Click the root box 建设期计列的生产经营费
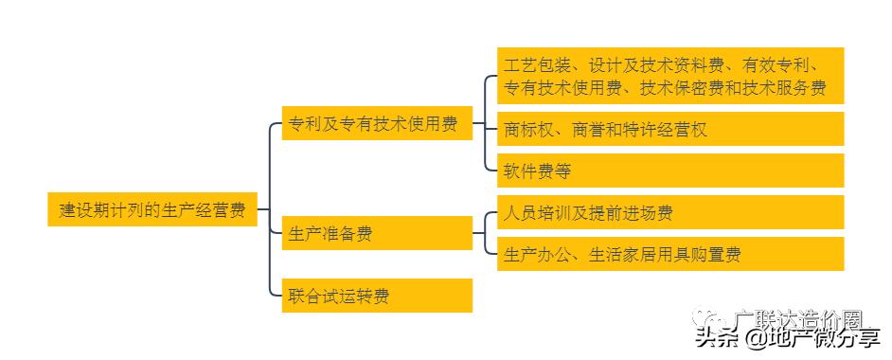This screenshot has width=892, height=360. tap(152, 209)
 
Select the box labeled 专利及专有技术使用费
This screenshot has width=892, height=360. tap(376, 124)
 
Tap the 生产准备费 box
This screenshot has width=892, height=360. tap(376, 233)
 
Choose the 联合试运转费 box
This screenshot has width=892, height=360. tap(376, 296)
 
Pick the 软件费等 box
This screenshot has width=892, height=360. tap(669, 171)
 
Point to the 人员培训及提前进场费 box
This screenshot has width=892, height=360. tap(669, 212)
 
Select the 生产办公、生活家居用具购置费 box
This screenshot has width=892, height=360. tap(669, 254)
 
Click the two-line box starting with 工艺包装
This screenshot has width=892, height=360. tap(669, 76)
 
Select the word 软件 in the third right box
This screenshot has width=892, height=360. tap(522, 171)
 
